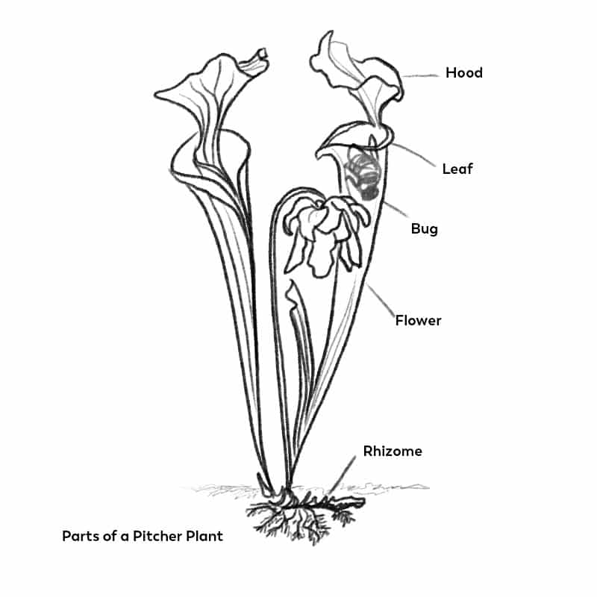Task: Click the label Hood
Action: [x=464, y=72]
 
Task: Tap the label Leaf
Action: [x=457, y=169]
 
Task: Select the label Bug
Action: [x=425, y=229]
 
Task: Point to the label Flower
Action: [x=418, y=320]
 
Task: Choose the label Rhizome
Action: [x=393, y=451]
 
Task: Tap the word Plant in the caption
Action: [x=204, y=536]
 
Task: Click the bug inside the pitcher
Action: [x=362, y=173]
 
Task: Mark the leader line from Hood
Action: [x=420, y=76]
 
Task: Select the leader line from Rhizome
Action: [x=343, y=475]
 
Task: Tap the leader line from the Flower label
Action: [x=381, y=301]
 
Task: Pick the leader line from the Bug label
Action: [x=396, y=209]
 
